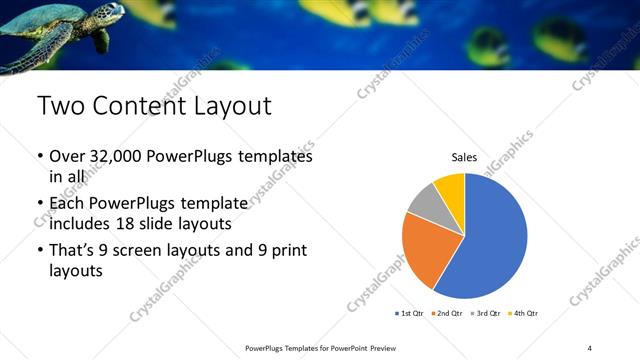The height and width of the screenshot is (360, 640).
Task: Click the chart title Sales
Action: point(464,157)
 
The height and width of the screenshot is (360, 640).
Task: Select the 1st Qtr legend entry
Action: point(410,313)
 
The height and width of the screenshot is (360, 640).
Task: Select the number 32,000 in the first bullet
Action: point(116,157)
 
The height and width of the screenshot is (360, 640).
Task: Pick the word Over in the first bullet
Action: point(68,157)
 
